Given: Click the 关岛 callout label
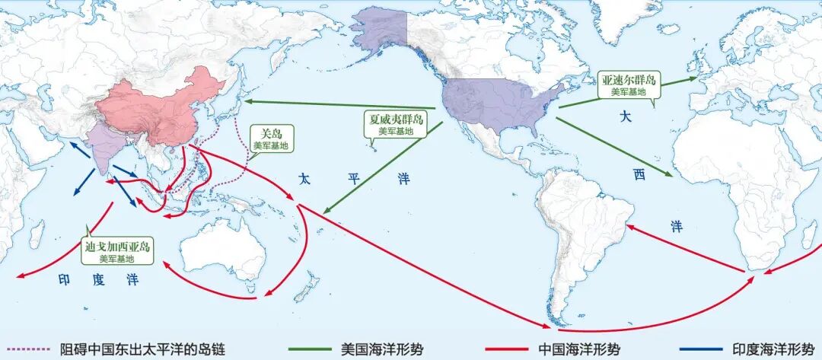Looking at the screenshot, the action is [271, 137].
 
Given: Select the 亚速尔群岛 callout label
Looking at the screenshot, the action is [629, 84].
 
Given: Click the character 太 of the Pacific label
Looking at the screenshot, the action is [304, 180].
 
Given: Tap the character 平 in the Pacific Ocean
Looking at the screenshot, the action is [354, 180].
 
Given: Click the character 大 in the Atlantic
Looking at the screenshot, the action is [626, 117].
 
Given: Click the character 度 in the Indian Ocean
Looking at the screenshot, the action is [98, 280].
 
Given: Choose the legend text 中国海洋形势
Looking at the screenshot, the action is [578, 349].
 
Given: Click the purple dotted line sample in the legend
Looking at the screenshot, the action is [26, 349].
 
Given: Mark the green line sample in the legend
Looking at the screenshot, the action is [309, 349].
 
